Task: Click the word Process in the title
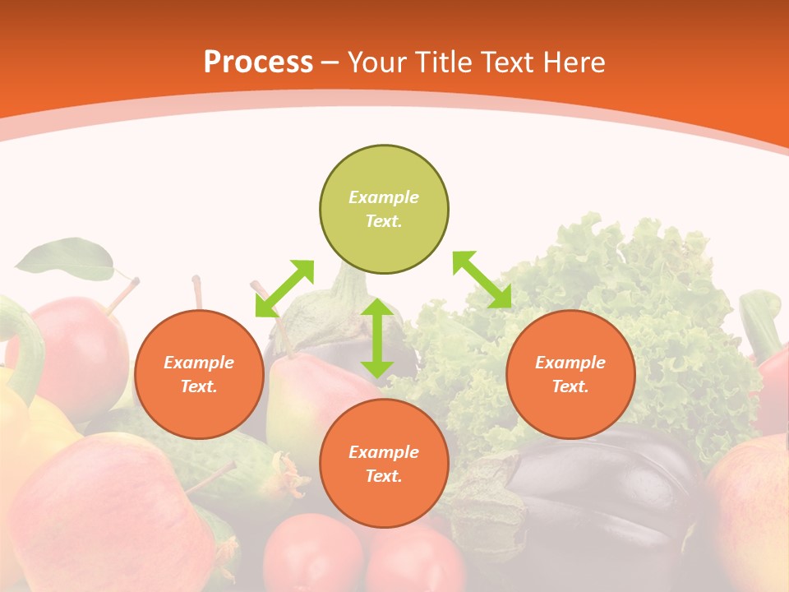[x=258, y=62]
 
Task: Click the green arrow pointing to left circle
[x=284, y=289]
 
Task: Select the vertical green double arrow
[x=377, y=338]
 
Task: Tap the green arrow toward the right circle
[x=482, y=280]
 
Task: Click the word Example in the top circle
[x=384, y=197]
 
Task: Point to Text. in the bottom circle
[x=384, y=476]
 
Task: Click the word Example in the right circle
[x=570, y=363]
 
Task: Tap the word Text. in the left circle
[x=199, y=386]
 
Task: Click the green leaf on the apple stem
[x=66, y=258]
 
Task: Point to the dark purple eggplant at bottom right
[x=608, y=493]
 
